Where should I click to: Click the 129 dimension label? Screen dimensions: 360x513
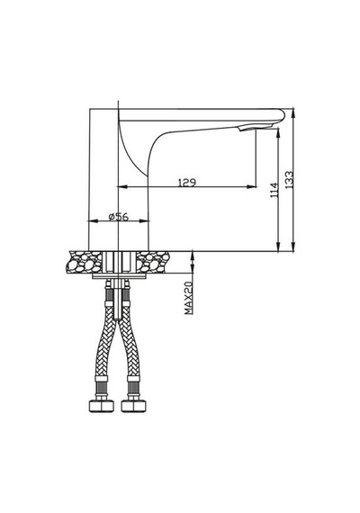(x=187, y=182)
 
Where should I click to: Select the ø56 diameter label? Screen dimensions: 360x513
(x=119, y=217)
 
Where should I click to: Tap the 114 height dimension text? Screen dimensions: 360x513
(x=274, y=190)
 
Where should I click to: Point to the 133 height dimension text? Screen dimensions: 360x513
(x=289, y=180)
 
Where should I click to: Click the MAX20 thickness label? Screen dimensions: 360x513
(x=189, y=298)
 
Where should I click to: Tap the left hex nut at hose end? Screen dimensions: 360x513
(x=102, y=406)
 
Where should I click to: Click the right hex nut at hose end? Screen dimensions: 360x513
(x=133, y=406)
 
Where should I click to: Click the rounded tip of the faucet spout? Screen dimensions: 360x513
(x=282, y=115)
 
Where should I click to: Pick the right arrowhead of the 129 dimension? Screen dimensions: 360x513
(x=252, y=187)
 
